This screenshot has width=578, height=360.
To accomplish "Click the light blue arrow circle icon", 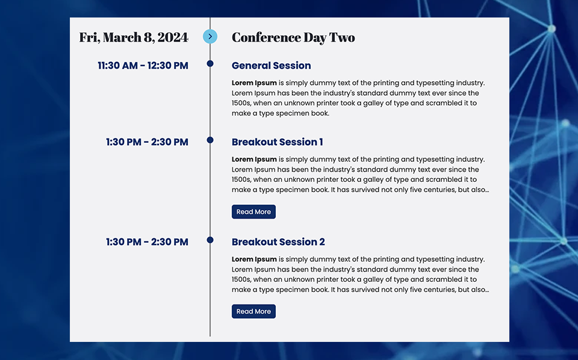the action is [x=210, y=37].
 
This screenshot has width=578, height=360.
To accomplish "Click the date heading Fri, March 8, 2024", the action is [x=134, y=37].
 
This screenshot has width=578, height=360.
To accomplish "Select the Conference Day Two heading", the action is [x=293, y=37].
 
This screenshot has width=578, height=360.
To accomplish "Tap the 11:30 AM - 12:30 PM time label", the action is [x=143, y=66].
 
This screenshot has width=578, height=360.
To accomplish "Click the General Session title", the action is [x=272, y=66].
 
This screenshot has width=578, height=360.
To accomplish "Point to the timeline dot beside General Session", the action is [x=210, y=64].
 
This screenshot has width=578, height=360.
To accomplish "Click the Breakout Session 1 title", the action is [x=277, y=142].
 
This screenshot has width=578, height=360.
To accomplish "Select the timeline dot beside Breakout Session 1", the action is [x=210, y=140].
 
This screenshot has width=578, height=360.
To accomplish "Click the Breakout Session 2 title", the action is [x=278, y=242].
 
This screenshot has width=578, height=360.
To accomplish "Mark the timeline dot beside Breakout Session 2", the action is [x=210, y=240].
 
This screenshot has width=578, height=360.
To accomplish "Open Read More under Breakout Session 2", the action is [x=253, y=311].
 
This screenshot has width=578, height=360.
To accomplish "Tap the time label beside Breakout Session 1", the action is [x=147, y=142].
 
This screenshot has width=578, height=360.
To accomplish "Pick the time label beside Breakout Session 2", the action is [x=147, y=242].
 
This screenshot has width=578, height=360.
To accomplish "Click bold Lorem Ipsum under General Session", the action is [x=254, y=83].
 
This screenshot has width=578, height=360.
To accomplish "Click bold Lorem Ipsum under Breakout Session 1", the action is [x=254, y=160].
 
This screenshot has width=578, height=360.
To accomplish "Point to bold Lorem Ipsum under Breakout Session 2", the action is [x=254, y=259].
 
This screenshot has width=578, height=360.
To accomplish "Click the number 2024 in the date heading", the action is [x=173, y=37].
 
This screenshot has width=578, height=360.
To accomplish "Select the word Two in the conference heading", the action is [x=342, y=37].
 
